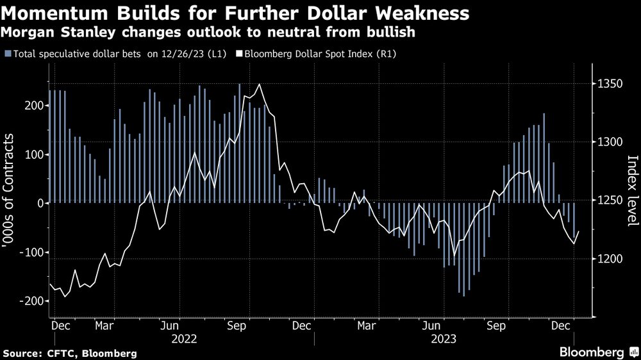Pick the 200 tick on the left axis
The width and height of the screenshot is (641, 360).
pos(33,106)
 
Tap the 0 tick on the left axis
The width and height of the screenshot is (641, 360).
pos(41,203)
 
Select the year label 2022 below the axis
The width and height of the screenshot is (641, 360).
pos(183,338)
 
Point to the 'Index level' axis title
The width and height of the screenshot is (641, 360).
pos(631,190)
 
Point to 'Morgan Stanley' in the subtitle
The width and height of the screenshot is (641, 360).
pos(52,31)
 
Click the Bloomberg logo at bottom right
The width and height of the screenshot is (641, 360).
pos(592,352)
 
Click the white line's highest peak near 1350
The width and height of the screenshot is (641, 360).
pos(259,84)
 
